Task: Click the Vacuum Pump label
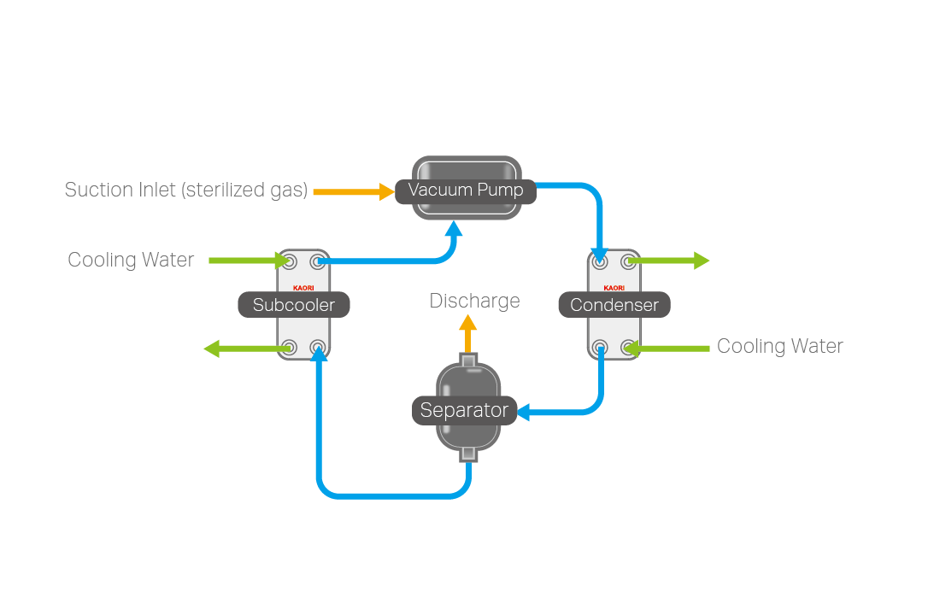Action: pyautogui.click(x=466, y=190)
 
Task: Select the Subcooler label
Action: pyautogui.click(x=293, y=305)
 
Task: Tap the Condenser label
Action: pyautogui.click(x=614, y=305)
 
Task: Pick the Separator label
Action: pyautogui.click(x=464, y=411)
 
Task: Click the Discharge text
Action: pyautogui.click(x=474, y=301)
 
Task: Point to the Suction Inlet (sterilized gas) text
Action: pyautogui.click(x=185, y=190)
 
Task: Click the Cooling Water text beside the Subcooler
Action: pyautogui.click(x=131, y=260)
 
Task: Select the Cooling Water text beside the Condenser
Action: pyautogui.click(x=779, y=346)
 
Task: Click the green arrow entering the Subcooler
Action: pyautogui.click(x=249, y=260)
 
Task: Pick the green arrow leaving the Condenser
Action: pyautogui.click(x=670, y=260)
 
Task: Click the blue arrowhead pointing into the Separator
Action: pyautogui.click(x=524, y=413)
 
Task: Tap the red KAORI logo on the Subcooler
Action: pyautogui.click(x=303, y=288)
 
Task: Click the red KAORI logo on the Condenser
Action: pyautogui.click(x=614, y=288)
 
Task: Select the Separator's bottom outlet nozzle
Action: pyautogui.click(x=467, y=453)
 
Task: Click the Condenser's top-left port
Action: pyautogui.click(x=601, y=261)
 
